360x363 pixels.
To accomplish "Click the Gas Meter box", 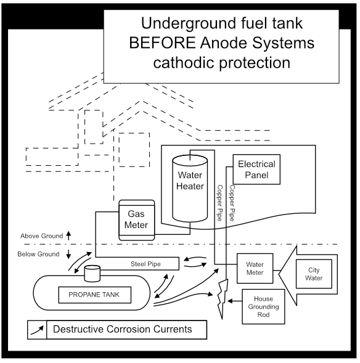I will point(136,219).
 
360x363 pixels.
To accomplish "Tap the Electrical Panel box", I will point(256,169).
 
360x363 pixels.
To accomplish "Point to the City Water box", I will point(314,274).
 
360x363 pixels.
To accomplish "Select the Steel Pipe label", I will point(145,264).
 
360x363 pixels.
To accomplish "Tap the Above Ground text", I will point(41,236).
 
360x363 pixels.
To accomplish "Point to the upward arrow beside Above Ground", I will point(68,235).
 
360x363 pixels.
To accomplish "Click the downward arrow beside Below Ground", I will point(68,254).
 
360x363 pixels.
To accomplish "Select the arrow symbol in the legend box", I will point(39,330).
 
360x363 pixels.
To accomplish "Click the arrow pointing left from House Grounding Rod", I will point(234,301).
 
